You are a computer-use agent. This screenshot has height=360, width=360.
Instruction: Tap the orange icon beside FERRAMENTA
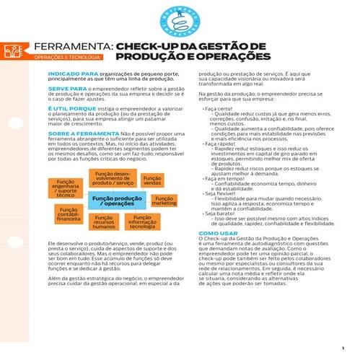click(x=12, y=50)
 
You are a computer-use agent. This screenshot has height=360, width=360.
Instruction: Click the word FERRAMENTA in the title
click(x=72, y=47)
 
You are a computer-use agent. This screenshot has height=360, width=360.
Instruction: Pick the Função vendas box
click(x=152, y=180)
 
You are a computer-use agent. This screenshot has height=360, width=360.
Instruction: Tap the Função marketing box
click(x=164, y=201)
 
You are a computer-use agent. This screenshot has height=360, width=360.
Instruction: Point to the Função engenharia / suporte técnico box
click(x=66, y=188)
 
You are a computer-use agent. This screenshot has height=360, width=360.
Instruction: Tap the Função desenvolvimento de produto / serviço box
click(x=113, y=179)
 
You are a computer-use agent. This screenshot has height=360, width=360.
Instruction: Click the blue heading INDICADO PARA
click(x=67, y=74)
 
